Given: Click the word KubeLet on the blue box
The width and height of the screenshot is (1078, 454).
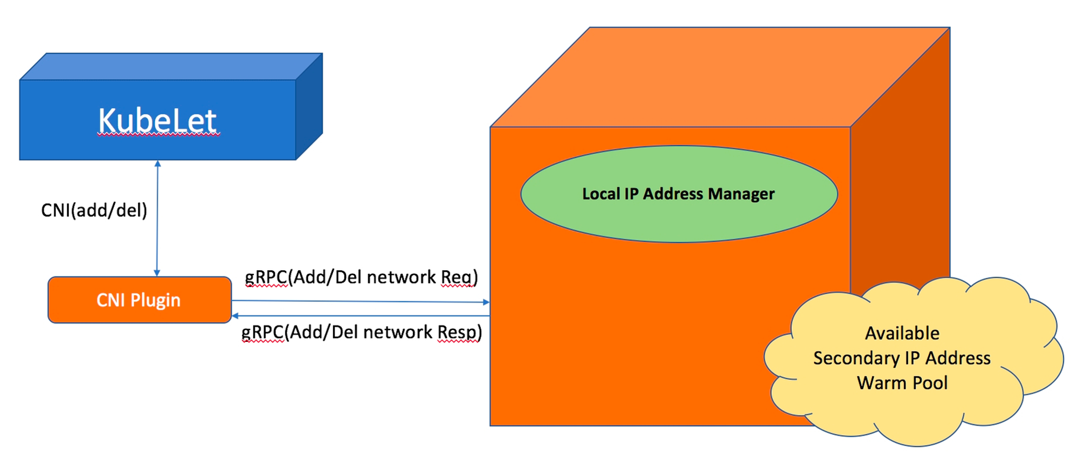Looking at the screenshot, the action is pyautogui.click(x=158, y=120).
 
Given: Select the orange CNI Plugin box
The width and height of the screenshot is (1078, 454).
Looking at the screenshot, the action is pyautogui.click(x=140, y=300).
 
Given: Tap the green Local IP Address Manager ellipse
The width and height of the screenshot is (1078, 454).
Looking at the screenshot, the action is pyautogui.click(x=679, y=194).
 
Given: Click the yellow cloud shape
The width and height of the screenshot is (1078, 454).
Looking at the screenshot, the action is pyautogui.click(x=914, y=361).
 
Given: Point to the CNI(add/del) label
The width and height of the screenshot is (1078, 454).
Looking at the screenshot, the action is pyautogui.click(x=94, y=210).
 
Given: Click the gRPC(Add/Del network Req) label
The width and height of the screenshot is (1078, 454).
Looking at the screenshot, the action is pyautogui.click(x=361, y=277).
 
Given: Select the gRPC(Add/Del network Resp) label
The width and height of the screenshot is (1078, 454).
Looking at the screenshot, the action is pyautogui.click(x=362, y=332).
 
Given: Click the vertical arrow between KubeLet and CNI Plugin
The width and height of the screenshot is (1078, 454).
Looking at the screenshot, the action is pyautogui.click(x=157, y=218).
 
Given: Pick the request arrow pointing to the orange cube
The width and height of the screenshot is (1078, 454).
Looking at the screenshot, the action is pyautogui.click(x=361, y=301).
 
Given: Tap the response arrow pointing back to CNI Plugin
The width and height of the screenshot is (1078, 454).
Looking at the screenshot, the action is pyautogui.click(x=361, y=316).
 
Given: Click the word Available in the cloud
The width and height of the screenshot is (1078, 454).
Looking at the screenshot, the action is pyautogui.click(x=902, y=333).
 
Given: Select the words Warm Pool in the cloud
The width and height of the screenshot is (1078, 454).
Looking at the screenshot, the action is pyautogui.click(x=902, y=383).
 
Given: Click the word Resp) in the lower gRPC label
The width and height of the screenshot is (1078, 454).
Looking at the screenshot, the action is pyautogui.click(x=459, y=332).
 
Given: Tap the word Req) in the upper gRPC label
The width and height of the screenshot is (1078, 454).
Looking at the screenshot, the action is pyautogui.click(x=459, y=277).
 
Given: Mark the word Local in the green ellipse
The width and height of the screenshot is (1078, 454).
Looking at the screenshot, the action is pyautogui.click(x=601, y=194).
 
